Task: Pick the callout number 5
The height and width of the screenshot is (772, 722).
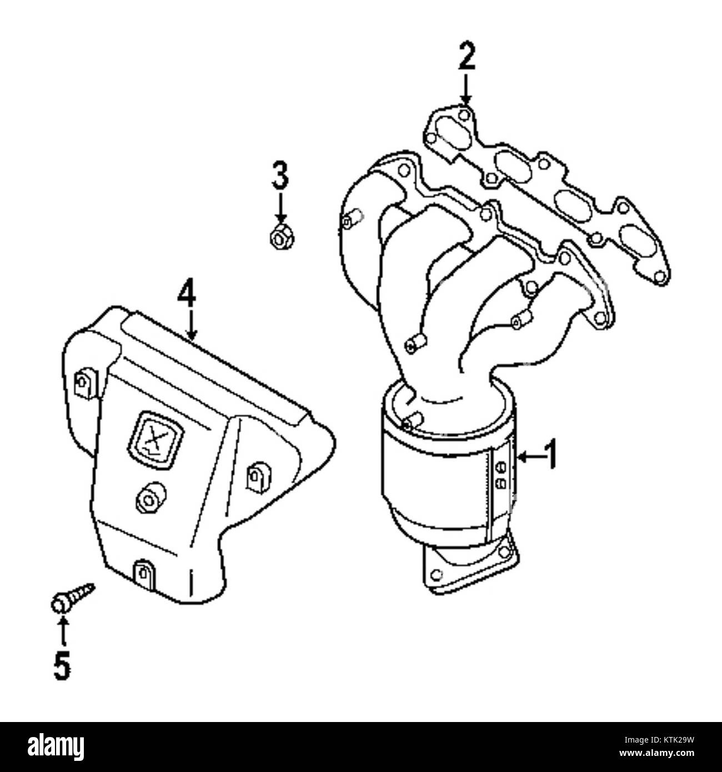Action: point(62,665)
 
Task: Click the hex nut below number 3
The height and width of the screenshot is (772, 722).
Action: point(280,235)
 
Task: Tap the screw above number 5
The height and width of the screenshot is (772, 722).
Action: point(72,599)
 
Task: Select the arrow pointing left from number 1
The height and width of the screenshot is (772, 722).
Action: point(529,458)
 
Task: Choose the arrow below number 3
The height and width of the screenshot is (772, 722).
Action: point(280,208)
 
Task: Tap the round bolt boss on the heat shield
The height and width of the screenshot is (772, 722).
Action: point(150,500)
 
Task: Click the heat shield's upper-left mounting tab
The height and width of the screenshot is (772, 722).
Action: point(85,383)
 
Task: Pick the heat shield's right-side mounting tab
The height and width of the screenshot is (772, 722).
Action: point(259,479)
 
